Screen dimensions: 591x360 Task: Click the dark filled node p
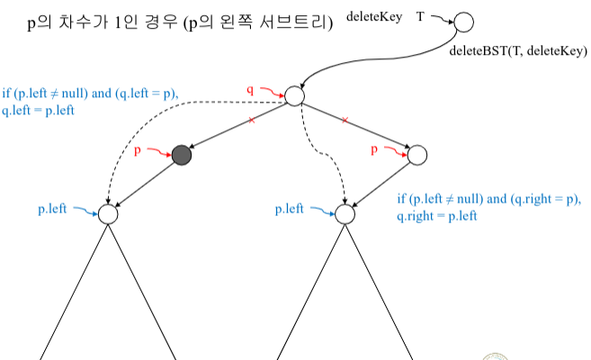[x=182, y=155]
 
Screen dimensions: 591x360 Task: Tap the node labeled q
[x=294, y=94]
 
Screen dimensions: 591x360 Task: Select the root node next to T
[x=464, y=22]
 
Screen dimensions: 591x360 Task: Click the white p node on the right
[x=417, y=155]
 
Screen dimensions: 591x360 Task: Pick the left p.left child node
[x=108, y=214]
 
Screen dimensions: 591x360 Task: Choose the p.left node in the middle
[x=345, y=214]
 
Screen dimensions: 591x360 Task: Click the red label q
[x=251, y=89]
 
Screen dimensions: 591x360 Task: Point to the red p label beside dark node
[x=138, y=150]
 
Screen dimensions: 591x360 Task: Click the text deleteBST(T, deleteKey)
[x=517, y=51]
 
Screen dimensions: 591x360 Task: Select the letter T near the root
[x=420, y=16]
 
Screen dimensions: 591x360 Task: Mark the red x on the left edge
[x=251, y=120]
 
